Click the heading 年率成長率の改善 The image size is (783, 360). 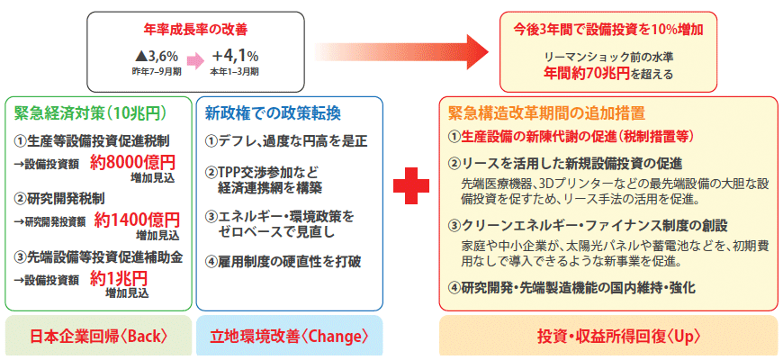pos(195,31)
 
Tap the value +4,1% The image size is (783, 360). pos(235,56)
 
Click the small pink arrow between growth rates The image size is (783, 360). pos(194,61)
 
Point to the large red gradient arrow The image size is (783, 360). pos(401,52)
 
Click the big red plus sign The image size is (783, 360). pos(411,185)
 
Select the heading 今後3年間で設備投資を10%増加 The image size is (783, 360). pos(608,30)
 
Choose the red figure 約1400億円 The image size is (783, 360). pos(137,220)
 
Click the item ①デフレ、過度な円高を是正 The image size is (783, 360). pos(286,141)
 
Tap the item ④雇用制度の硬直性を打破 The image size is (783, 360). pos(283,261)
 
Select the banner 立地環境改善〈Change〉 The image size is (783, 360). pos(290,337)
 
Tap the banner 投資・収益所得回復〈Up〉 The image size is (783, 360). pos(607,337)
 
